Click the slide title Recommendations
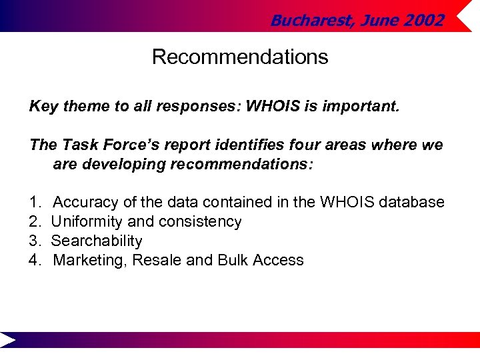point(240,57)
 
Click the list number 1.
point(34,202)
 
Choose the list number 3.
point(34,241)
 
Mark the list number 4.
point(34,260)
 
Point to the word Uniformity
point(85,221)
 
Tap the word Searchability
point(97,241)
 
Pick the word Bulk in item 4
point(233,260)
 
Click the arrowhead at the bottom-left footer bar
point(8,340)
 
